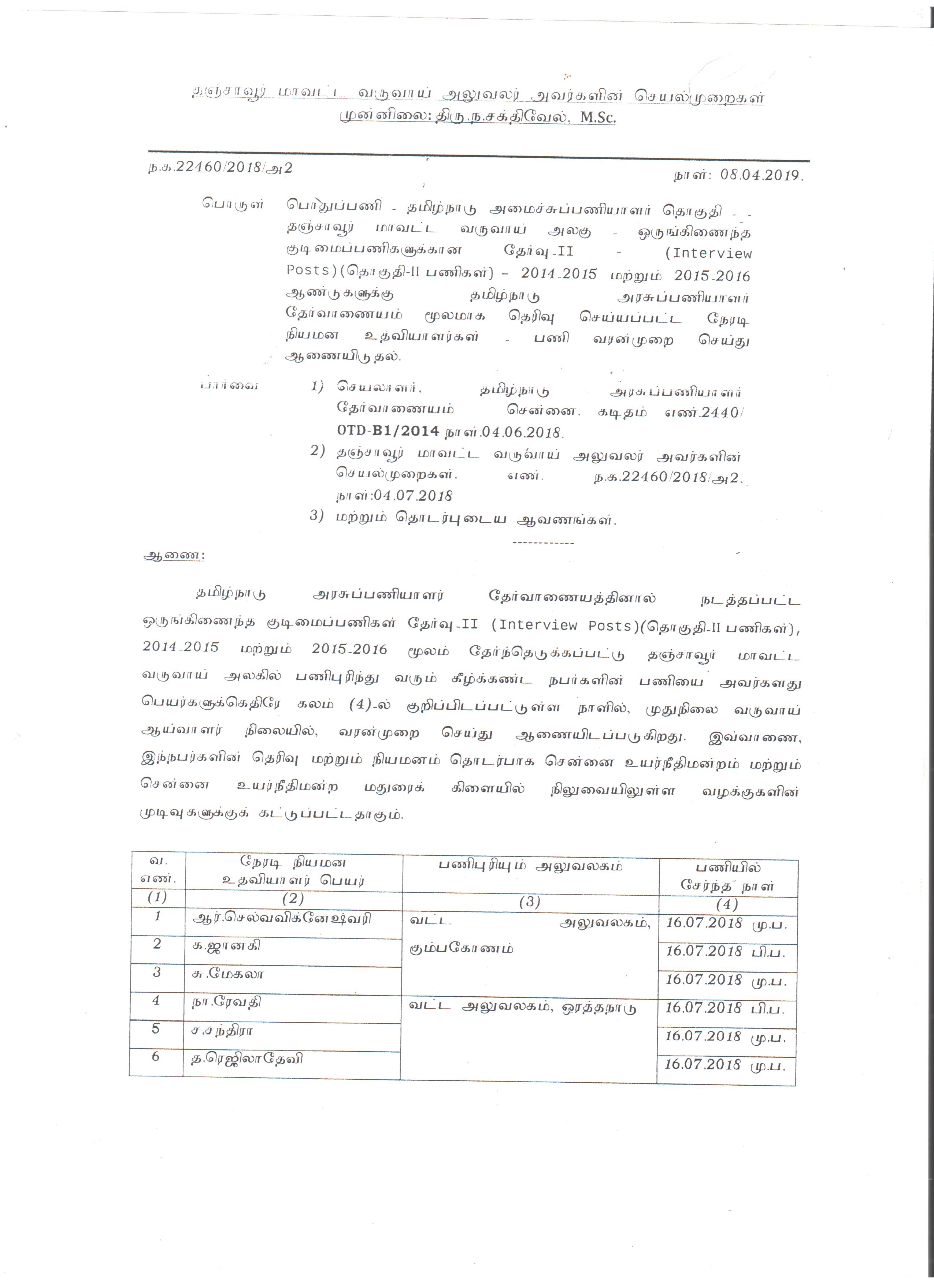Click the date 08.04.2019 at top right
(x=761, y=175)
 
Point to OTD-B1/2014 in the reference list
(x=388, y=431)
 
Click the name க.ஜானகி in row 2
(x=227, y=945)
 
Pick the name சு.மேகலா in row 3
(x=228, y=974)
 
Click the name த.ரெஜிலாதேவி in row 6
(x=247, y=1058)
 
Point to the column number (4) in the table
(x=727, y=905)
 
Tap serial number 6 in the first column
(x=156, y=1056)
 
